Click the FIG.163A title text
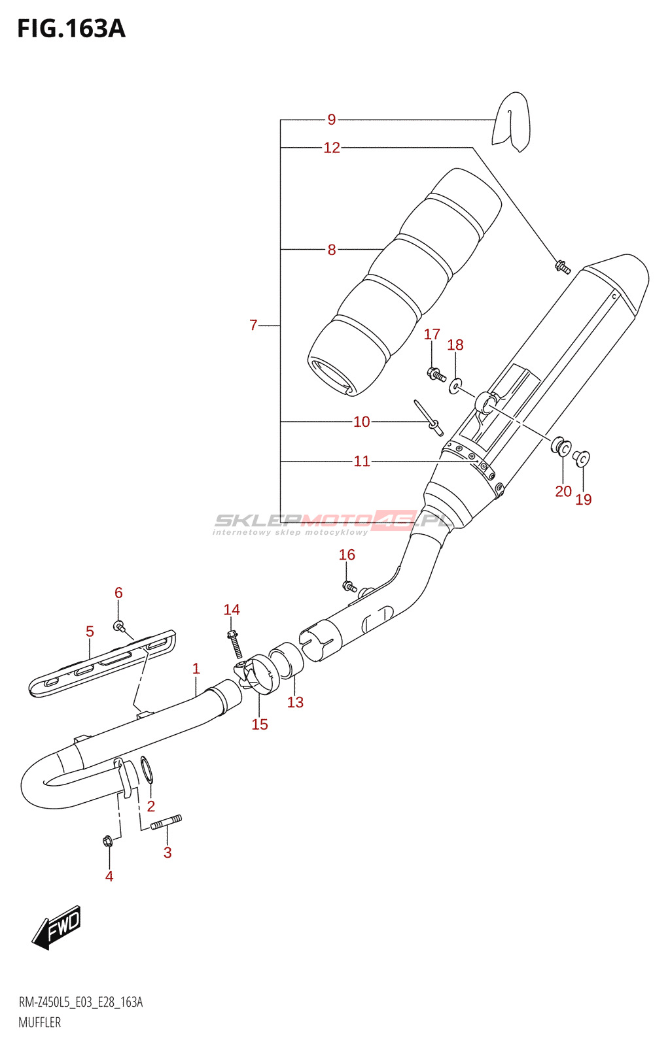click(x=71, y=29)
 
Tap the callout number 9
click(x=332, y=120)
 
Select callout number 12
click(x=332, y=148)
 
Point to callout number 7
click(x=253, y=325)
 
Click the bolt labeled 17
click(x=436, y=375)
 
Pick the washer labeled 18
click(x=455, y=387)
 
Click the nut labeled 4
click(x=108, y=841)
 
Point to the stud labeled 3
click(x=166, y=822)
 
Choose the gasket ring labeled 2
click(x=147, y=770)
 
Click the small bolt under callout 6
click(x=118, y=626)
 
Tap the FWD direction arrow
click(x=57, y=927)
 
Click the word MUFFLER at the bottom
click(x=39, y=1022)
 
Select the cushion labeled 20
click(x=561, y=448)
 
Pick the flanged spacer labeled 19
click(x=581, y=458)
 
